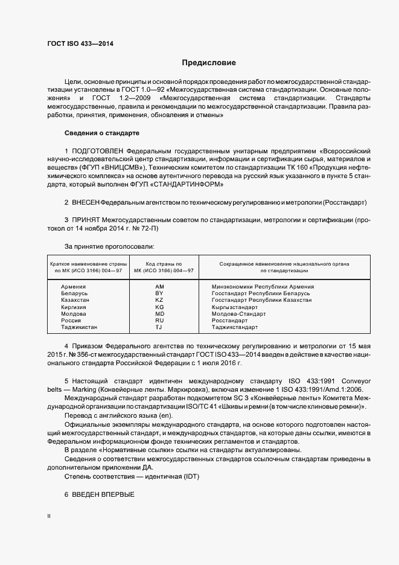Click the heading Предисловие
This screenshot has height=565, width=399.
click(x=209, y=63)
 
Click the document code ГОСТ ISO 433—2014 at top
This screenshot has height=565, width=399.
click(x=80, y=43)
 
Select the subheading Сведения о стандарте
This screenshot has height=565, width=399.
click(x=101, y=133)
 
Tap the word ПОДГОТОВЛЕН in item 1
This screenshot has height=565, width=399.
click(x=101, y=149)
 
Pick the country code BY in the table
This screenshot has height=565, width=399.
click(x=159, y=293)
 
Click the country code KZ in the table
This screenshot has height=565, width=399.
click(x=159, y=300)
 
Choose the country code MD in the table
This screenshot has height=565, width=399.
click(x=159, y=314)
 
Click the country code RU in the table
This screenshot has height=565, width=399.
click(x=159, y=321)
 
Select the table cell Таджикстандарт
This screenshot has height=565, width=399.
click(x=235, y=327)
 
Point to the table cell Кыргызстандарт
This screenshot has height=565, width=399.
click(x=235, y=307)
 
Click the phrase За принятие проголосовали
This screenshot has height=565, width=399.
click(x=101, y=246)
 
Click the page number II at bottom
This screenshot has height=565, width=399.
click(x=49, y=517)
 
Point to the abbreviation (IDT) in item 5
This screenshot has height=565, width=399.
click(x=188, y=477)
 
